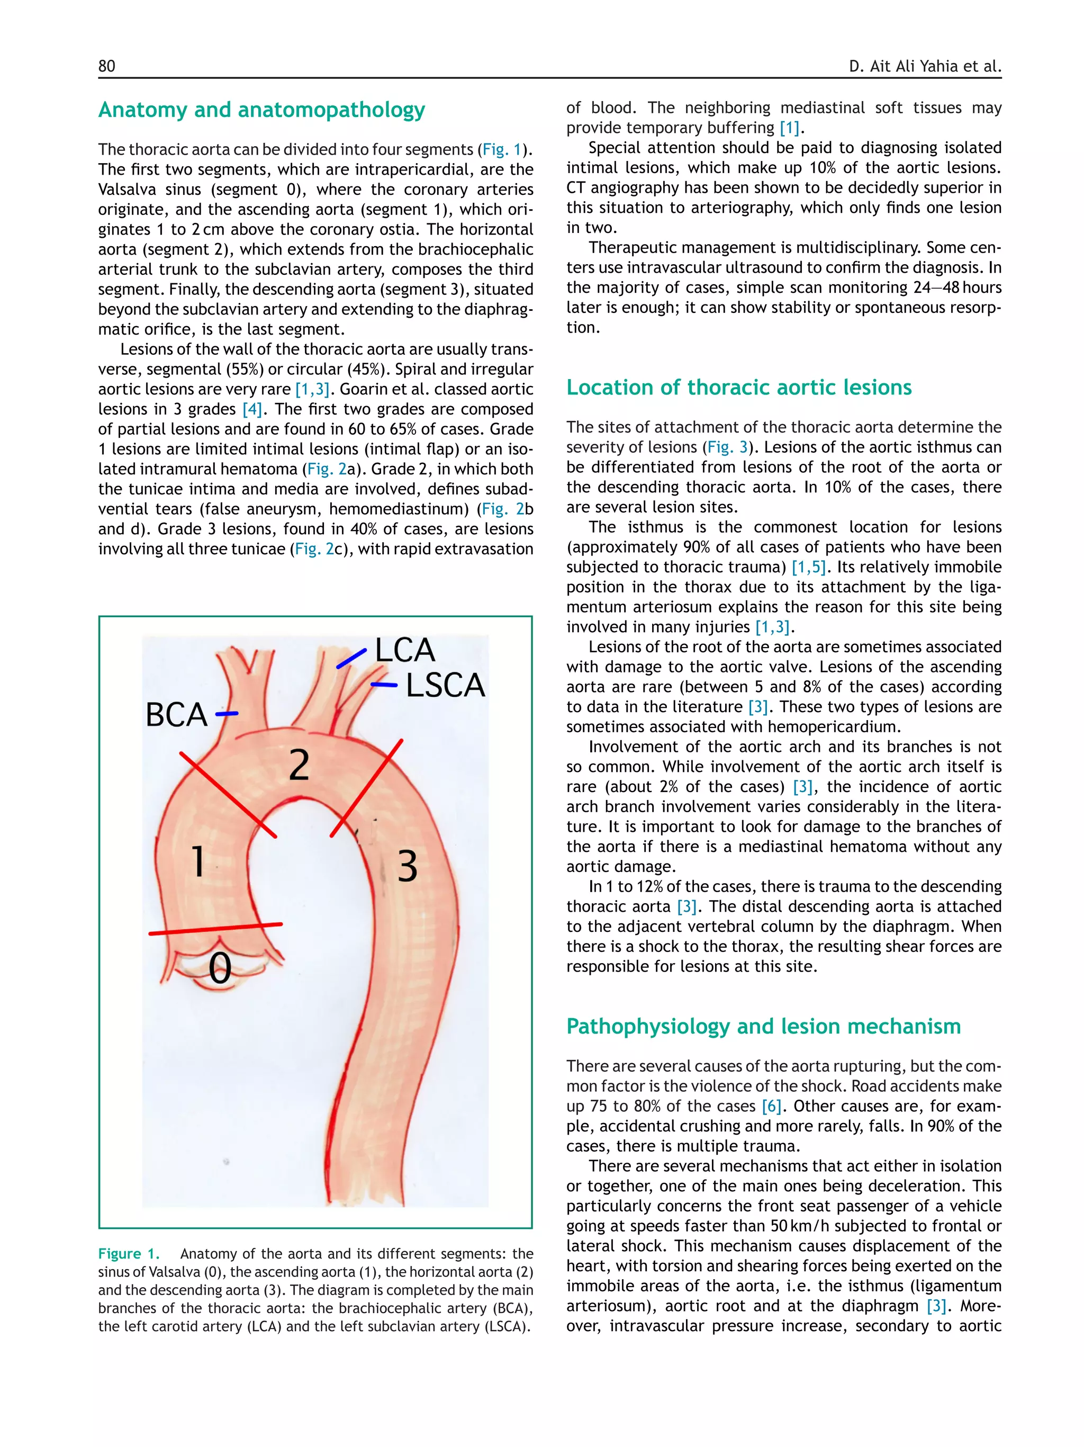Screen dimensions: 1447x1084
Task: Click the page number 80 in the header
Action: tap(106, 66)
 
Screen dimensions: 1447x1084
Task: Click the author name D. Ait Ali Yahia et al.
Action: tap(925, 66)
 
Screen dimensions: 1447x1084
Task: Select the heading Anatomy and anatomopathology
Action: tap(261, 110)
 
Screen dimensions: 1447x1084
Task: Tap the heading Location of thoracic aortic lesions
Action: tap(739, 387)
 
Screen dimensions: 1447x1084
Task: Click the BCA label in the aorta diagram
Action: tap(176, 714)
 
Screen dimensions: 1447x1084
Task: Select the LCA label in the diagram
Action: tap(405, 650)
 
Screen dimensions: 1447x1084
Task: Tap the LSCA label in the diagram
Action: tap(445, 686)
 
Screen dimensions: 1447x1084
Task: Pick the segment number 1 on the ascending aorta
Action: tap(197, 861)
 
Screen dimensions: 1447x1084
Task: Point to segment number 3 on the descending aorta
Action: tap(408, 866)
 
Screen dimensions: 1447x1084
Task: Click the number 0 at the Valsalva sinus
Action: tap(220, 968)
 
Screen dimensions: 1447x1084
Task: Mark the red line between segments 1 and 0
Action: tap(216, 928)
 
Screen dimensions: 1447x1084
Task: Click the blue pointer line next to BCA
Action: tap(227, 714)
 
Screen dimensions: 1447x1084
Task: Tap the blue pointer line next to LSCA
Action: tap(384, 685)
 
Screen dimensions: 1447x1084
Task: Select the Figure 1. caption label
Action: tap(129, 1253)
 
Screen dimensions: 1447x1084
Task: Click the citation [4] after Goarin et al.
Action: tap(252, 409)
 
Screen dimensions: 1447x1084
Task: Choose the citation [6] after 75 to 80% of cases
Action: tap(772, 1106)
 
